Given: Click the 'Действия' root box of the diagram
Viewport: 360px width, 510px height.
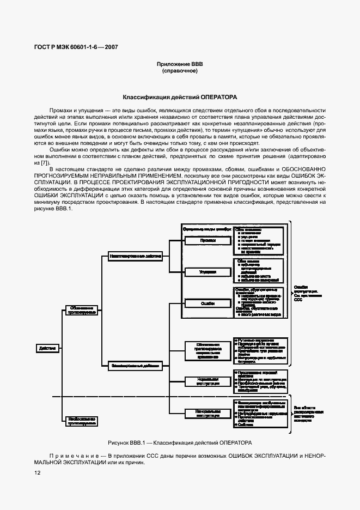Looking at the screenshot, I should pyautogui.click(x=48, y=348).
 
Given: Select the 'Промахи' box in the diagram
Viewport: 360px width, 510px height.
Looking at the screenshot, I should pyautogui.click(x=204, y=240).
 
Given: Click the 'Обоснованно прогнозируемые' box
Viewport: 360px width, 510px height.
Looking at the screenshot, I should pyautogui.click(x=82, y=310).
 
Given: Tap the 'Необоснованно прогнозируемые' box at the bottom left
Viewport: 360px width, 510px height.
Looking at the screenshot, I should pyautogui.click(x=82, y=420).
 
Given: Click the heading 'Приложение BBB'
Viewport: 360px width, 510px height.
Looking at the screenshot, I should pyautogui.click(x=180, y=64).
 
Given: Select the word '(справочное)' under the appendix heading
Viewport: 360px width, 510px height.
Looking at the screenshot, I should pyautogui.click(x=180, y=71).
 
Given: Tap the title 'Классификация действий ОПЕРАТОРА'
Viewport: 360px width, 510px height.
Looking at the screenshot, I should pyautogui.click(x=180, y=97).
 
